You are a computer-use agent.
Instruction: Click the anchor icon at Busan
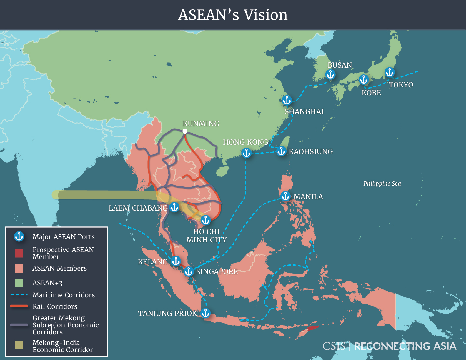click(x=330, y=74)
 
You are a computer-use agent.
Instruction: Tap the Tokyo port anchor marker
click(x=390, y=72)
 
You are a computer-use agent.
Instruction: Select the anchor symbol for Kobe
click(x=364, y=79)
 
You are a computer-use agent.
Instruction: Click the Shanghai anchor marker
click(x=287, y=100)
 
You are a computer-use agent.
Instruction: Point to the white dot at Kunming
click(x=185, y=131)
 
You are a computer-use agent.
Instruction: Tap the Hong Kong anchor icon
click(x=246, y=153)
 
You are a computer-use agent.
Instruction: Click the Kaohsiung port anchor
click(x=281, y=151)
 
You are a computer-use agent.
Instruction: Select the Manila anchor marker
click(x=285, y=196)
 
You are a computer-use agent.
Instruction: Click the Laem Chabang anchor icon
click(x=174, y=207)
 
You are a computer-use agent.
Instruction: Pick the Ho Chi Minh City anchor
click(x=206, y=220)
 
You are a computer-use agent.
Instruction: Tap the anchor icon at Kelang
click(x=176, y=261)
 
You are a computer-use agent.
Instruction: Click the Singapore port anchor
click(x=189, y=271)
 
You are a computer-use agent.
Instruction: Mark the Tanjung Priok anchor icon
click(x=206, y=313)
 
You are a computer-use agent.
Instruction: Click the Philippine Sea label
click(x=382, y=184)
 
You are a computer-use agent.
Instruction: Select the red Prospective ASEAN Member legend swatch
click(x=19, y=253)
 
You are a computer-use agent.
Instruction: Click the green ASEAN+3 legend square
click(x=19, y=283)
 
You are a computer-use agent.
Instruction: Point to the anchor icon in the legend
click(x=19, y=236)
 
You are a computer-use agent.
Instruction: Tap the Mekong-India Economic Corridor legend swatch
click(x=19, y=345)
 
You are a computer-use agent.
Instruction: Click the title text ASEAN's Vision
click(x=233, y=15)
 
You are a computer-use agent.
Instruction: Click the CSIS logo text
click(x=334, y=346)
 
